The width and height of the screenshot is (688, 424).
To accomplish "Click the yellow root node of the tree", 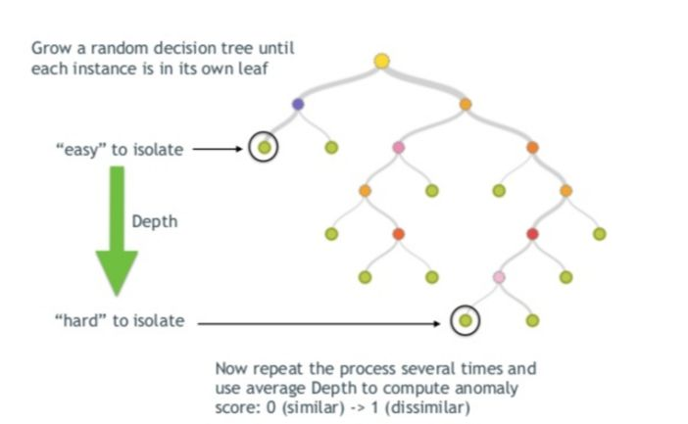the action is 382,61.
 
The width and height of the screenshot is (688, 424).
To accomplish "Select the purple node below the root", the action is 298,105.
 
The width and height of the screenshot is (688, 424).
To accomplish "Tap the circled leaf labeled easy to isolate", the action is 264,147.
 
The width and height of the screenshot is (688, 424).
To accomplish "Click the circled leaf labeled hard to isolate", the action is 466,320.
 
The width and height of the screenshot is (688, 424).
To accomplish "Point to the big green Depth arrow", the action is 117,230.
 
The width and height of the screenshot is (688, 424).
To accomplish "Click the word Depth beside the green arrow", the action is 155,221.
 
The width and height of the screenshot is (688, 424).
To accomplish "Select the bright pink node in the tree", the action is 399,147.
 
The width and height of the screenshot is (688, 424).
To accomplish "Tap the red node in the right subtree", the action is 532,234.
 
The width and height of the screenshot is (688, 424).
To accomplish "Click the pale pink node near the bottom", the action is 499,277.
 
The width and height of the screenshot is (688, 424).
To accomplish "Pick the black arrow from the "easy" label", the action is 218,149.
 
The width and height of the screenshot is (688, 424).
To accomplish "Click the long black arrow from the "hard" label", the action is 319,323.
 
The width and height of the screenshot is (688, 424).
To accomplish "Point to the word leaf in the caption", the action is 254,69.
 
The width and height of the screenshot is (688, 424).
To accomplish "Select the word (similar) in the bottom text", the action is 314,407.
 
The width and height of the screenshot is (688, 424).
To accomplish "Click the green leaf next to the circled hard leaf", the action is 532,320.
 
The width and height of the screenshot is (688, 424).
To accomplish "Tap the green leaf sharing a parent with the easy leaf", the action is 331,147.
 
